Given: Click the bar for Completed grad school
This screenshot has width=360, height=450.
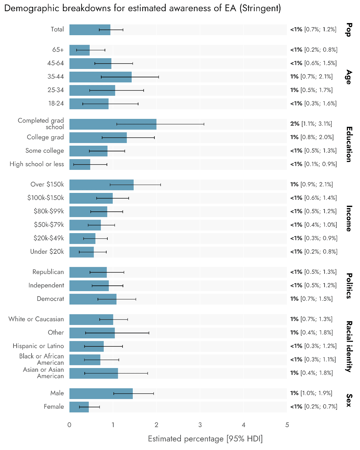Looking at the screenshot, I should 112,124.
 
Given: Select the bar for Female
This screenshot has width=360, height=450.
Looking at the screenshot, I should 79,407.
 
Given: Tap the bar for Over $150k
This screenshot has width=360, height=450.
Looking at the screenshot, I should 101,184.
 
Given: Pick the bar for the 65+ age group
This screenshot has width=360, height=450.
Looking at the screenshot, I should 79,50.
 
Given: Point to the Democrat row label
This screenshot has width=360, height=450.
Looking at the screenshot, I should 50,299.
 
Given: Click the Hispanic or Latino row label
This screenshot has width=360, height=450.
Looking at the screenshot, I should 38,346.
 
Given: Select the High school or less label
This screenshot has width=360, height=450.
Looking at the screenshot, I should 37,164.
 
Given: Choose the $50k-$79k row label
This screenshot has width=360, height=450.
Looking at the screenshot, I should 49,225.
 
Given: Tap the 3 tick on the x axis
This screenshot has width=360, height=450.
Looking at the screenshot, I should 200,425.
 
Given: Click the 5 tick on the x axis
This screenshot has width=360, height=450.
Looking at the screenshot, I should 287,425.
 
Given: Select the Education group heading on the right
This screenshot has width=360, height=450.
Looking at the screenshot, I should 349,144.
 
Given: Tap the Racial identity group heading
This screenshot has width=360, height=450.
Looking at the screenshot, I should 349,346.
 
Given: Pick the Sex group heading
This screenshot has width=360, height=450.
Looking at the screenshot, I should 349,400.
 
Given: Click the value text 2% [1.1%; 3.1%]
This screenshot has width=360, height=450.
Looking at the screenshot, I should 311,124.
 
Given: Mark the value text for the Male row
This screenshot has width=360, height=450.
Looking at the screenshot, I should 311,393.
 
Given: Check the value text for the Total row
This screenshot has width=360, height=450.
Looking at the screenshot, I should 313,29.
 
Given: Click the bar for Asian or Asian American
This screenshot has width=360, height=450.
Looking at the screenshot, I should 93,373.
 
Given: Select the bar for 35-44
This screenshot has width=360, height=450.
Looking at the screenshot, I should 100,77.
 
